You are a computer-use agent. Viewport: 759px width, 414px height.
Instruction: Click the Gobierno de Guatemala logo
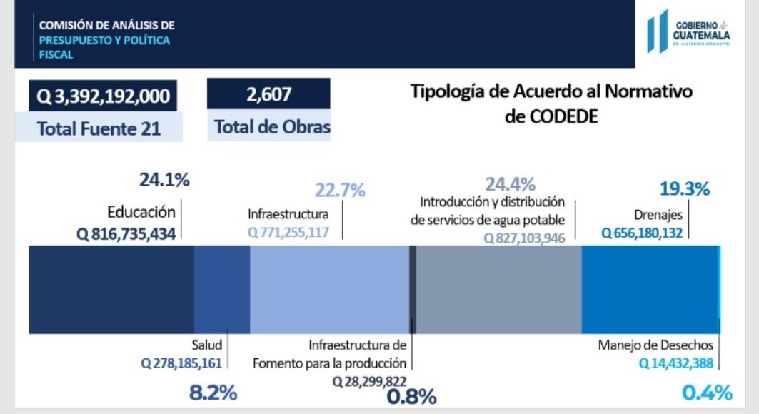688,32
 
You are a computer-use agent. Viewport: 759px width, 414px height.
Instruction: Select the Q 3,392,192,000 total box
103,96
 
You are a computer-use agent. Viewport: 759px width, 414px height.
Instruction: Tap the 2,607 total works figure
268,94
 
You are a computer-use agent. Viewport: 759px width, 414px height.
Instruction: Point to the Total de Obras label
273,128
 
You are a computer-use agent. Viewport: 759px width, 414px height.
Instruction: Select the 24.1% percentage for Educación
164,181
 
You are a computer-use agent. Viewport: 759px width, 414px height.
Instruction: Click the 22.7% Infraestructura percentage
340,191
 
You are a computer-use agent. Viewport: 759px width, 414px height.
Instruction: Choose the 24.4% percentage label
510,185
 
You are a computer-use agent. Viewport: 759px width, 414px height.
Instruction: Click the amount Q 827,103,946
525,238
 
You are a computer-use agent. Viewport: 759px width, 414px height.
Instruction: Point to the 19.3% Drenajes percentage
683,189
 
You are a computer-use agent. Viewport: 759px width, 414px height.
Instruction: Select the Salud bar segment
222,289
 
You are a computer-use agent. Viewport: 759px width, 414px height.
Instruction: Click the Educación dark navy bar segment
111,289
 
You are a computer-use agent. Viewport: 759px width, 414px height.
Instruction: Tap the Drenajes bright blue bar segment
649,289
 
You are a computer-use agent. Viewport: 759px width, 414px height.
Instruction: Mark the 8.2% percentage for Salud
213,393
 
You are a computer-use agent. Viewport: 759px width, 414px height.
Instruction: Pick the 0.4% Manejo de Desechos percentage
707,393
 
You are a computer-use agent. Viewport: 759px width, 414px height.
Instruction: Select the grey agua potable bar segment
498,289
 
